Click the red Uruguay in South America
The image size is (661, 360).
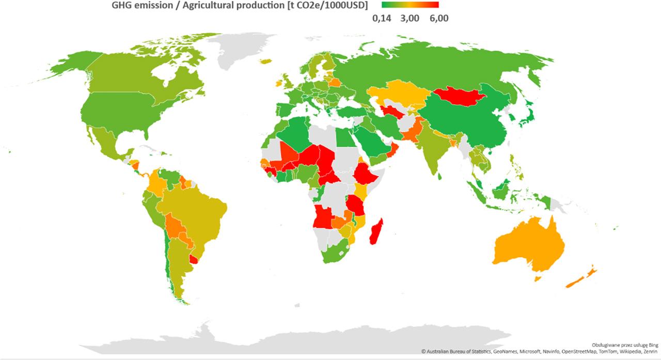point(194,259)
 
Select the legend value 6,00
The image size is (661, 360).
point(438,19)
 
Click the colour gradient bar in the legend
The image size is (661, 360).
point(410,5)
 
